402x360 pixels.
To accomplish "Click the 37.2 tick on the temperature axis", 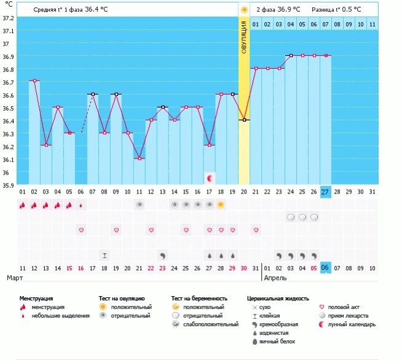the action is (8, 18).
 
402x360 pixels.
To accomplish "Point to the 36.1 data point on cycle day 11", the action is (140, 158).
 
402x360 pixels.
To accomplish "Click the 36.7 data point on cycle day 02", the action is (34, 80).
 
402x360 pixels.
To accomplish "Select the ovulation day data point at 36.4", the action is (244, 120).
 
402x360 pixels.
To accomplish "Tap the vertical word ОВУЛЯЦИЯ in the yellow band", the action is (244, 37).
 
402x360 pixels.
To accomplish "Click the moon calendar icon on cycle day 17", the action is (210, 178).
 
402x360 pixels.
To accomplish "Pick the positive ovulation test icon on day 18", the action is (221, 205).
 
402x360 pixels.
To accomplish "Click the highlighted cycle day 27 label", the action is (325, 192).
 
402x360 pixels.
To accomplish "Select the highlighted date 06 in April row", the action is (325, 268).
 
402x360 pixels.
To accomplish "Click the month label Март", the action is (15, 278).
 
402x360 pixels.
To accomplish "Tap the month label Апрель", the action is (275, 278).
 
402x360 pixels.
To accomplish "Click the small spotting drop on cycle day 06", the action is (81, 205).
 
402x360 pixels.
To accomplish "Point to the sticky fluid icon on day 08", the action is (104, 256).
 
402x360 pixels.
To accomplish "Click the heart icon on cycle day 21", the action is (256, 230).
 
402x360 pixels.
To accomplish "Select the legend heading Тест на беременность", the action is (199, 299).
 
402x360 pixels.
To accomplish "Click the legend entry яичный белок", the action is (277, 342).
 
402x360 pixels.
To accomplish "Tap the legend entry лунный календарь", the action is (352, 324).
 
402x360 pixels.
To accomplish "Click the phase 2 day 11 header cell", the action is (372, 25).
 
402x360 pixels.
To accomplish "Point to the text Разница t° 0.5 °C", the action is (336, 10).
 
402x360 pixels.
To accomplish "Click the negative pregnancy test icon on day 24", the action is (291, 217).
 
